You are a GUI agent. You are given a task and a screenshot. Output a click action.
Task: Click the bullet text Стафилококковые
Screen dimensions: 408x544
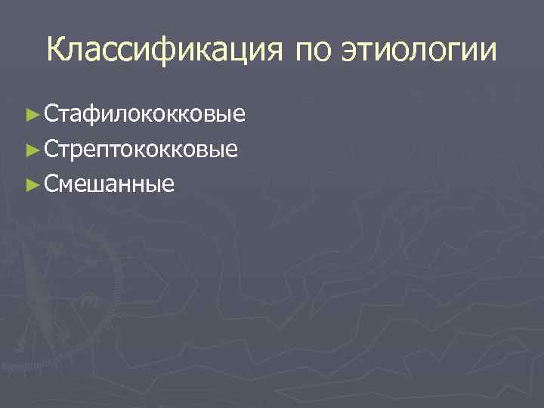coord(144,114)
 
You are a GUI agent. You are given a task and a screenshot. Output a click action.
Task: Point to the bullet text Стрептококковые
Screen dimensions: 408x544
coord(141,149)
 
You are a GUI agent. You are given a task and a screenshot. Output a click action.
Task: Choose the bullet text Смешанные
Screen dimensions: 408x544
coord(110,184)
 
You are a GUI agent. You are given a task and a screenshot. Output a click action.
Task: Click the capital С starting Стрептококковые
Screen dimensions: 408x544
coord(51,149)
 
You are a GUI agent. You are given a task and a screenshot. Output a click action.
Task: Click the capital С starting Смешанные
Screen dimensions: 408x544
coord(51,184)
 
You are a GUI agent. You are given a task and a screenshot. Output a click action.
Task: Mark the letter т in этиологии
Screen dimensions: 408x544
coord(367,52)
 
